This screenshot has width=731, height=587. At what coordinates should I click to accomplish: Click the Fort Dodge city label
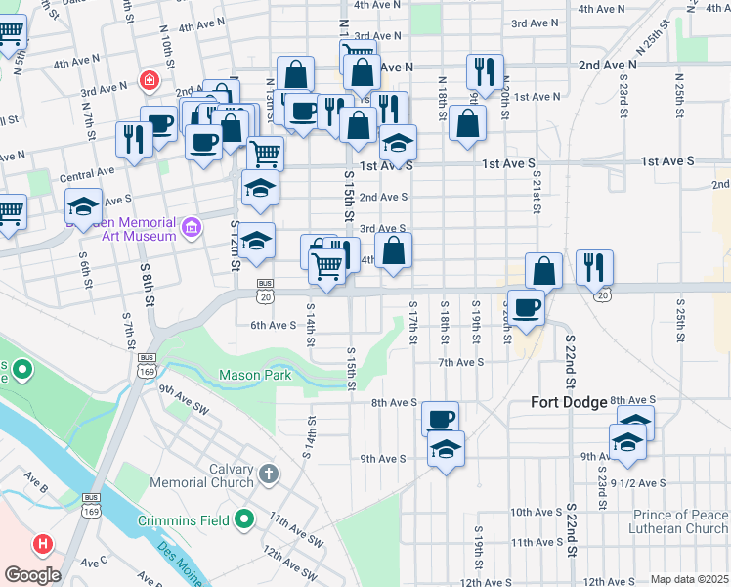pyautogui.click(x=569, y=402)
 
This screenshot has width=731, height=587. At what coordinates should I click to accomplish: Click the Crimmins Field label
pyautogui.click(x=184, y=519)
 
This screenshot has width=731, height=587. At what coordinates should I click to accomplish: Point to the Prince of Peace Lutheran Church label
pyautogui.click(x=666, y=522)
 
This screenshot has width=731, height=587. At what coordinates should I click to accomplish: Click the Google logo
pyautogui.click(x=32, y=575)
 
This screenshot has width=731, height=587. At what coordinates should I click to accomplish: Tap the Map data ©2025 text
pyautogui.click(x=688, y=579)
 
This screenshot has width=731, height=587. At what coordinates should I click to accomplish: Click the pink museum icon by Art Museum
pyautogui.click(x=192, y=228)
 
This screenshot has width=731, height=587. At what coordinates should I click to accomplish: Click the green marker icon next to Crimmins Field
pyautogui.click(x=244, y=519)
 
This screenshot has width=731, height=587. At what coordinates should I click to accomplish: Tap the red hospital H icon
pyautogui.click(x=43, y=543)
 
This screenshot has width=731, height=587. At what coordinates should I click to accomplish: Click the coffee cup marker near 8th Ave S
pyautogui.click(x=441, y=418)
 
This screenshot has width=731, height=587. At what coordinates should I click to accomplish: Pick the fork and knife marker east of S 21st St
pyautogui.click(x=594, y=266)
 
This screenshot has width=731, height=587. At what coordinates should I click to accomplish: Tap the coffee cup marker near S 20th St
pyautogui.click(x=527, y=306)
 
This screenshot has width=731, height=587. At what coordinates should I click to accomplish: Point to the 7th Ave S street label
pyautogui.click(x=460, y=362)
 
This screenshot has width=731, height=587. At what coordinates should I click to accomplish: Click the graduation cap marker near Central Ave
pyautogui.click(x=84, y=206)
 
